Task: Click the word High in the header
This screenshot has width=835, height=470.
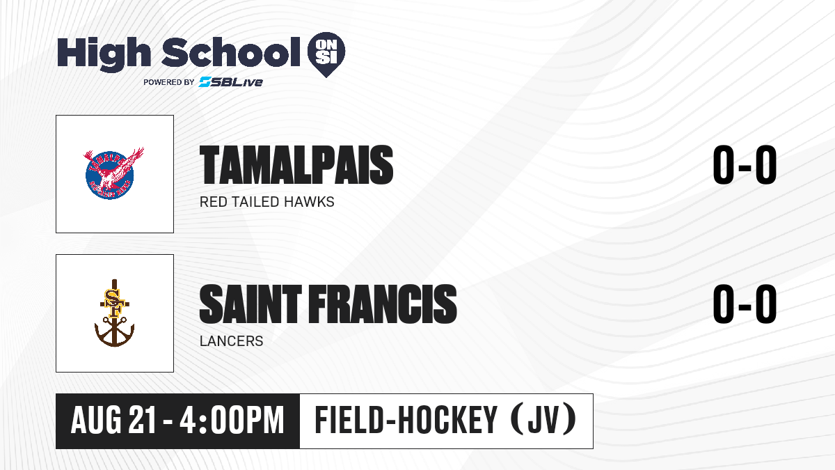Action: coord(104,54)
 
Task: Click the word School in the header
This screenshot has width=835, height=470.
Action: coord(231,52)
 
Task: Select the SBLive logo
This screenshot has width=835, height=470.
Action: coord(230,82)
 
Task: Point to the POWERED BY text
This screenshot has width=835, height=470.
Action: coord(169,82)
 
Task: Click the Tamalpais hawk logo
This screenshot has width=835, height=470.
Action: coord(113,173)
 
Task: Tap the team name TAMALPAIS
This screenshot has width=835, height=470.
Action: coord(296,165)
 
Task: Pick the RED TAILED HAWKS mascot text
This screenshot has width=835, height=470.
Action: coord(267,202)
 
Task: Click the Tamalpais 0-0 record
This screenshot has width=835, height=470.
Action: coord(745,165)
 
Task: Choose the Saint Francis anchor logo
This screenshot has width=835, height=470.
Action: coord(114,313)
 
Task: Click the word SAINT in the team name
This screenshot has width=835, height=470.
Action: coord(250,304)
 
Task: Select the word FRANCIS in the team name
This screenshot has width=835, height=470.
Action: coord(383,304)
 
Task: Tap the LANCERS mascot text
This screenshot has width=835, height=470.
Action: coord(232,341)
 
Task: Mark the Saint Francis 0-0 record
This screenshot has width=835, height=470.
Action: coord(745,304)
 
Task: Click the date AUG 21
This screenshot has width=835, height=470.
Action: coord(113,421)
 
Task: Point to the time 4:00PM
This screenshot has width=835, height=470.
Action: coord(232,421)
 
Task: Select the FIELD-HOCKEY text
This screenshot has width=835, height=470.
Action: coord(406,420)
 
